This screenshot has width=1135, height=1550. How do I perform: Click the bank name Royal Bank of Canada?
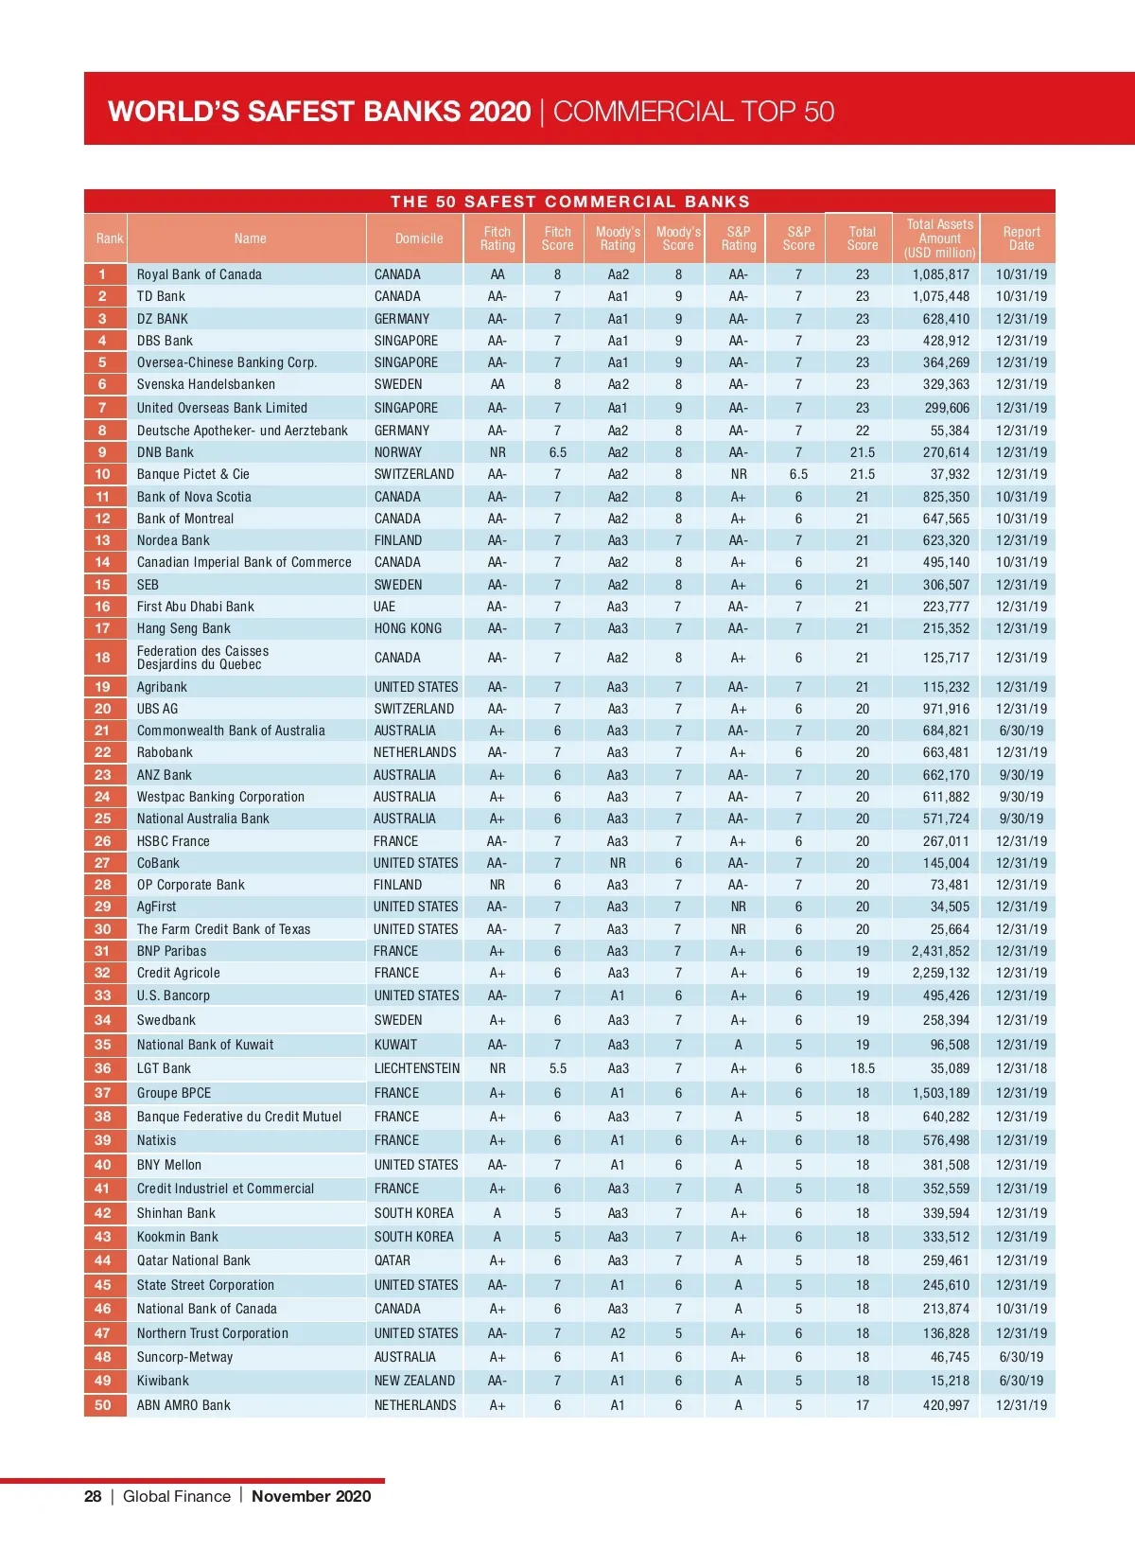199,274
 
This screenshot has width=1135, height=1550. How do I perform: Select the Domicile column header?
419,238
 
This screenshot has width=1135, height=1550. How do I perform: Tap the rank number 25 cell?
103,819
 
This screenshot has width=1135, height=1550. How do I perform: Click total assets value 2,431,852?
940,951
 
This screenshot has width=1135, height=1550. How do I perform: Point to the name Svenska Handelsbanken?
206,384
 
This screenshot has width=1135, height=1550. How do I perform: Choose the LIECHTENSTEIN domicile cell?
416,1068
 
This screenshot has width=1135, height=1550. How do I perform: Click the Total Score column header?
862,238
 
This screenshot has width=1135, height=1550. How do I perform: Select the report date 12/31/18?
1021,1068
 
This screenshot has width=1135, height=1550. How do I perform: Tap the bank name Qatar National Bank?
194,1260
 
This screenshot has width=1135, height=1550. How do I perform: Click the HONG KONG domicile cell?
408,628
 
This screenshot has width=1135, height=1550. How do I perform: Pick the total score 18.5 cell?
862,1068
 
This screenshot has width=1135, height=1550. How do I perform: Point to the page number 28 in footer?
93,1496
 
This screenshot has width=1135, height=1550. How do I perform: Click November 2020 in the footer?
311,1496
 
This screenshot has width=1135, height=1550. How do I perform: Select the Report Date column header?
1021,238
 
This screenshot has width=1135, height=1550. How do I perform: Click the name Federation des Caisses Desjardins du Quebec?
202,658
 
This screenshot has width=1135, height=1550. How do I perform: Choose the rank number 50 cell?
103,1405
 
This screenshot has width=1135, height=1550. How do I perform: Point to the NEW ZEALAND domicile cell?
414,1381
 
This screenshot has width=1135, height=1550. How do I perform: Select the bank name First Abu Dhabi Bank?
195,607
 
